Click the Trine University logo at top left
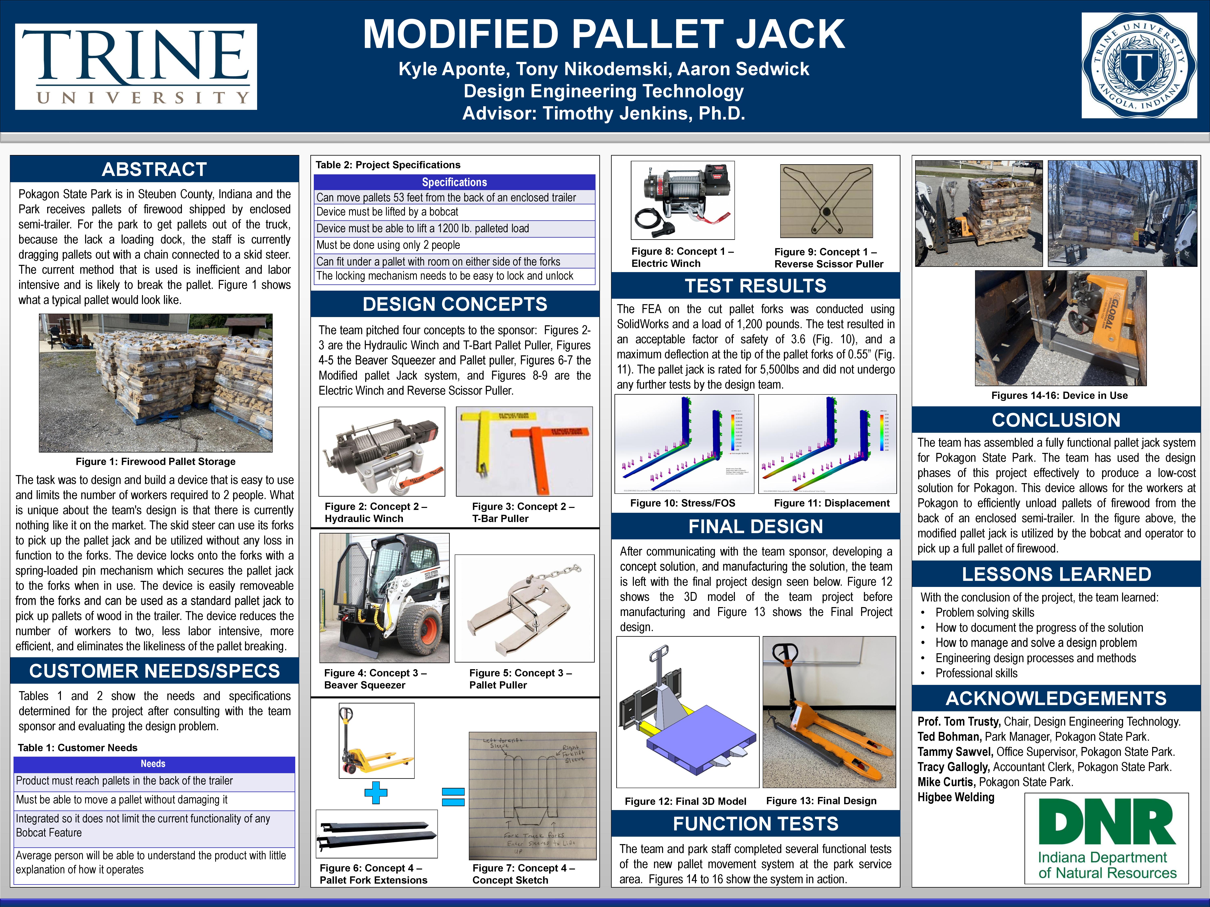point(136,66)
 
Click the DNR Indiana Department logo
point(1106,838)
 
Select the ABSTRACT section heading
point(154,170)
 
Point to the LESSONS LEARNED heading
point(1056,574)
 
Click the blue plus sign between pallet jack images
point(376,792)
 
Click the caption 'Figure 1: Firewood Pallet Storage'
point(155,461)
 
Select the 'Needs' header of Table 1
point(153,764)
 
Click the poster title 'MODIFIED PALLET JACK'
point(603,34)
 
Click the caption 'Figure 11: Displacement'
point(831,503)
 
